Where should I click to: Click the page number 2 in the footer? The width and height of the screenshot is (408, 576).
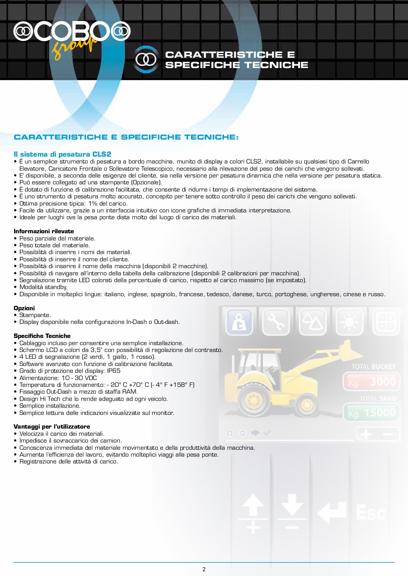(x=204, y=569)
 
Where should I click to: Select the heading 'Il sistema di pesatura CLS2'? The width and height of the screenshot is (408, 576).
(x=62, y=154)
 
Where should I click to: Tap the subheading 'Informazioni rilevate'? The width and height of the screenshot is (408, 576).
(x=44, y=231)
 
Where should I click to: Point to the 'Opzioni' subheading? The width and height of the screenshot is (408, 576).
(x=24, y=308)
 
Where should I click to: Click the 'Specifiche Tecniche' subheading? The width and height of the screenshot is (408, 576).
(x=42, y=336)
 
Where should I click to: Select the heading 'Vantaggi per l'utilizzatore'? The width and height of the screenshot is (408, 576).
(x=52, y=427)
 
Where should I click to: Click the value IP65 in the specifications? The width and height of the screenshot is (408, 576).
(x=114, y=371)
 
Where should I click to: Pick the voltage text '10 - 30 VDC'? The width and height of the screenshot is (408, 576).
(x=79, y=378)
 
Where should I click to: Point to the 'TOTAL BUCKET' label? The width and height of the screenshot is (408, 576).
(x=373, y=367)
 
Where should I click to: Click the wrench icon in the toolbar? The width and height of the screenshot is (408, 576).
(x=276, y=322)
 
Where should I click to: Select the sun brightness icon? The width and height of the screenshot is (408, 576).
(x=349, y=322)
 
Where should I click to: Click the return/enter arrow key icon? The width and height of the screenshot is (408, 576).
(x=331, y=512)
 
